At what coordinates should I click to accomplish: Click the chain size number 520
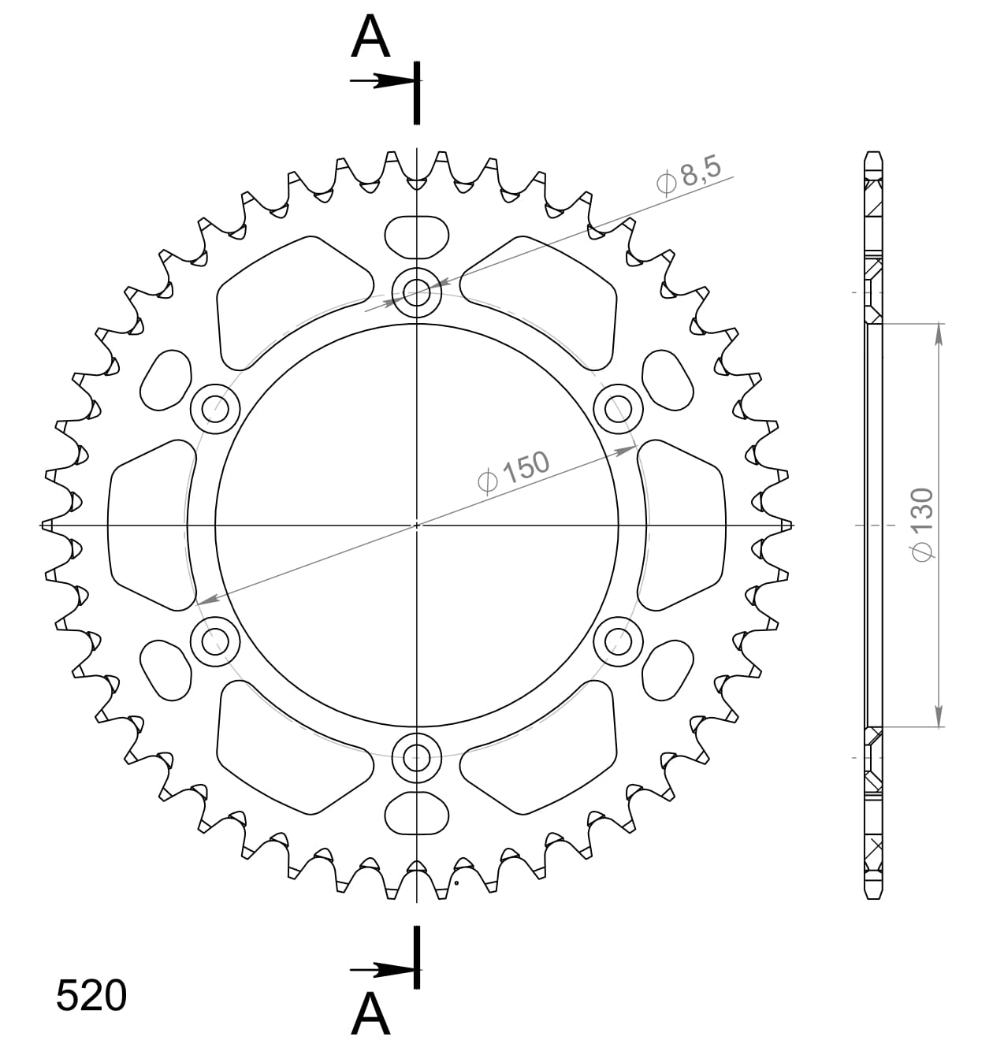click(x=91, y=996)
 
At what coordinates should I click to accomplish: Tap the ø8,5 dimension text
click(x=688, y=174)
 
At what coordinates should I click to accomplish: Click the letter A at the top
click(x=370, y=37)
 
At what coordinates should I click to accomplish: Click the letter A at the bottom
click(x=370, y=1014)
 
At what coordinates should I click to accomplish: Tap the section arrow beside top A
click(x=382, y=80)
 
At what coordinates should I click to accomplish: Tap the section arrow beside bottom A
click(x=382, y=969)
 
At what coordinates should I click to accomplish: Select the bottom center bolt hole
click(x=417, y=758)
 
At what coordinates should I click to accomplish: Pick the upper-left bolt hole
click(x=215, y=409)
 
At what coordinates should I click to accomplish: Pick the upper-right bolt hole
click(x=618, y=409)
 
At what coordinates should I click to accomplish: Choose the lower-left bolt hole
click(x=215, y=641)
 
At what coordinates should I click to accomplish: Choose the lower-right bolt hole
click(x=618, y=641)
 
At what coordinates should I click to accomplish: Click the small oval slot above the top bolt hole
click(x=417, y=236)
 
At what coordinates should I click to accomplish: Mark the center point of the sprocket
click(x=417, y=525)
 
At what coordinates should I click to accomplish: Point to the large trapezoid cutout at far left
click(x=150, y=525)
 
